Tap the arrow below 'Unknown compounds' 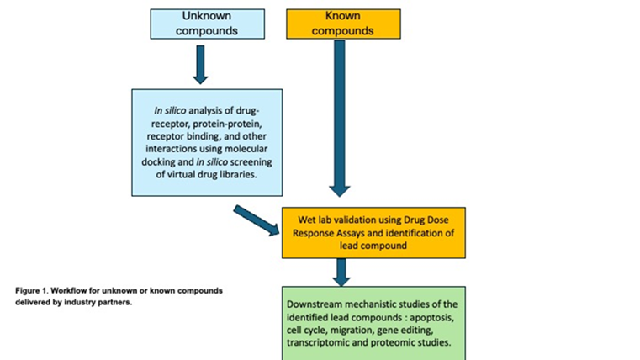(200, 64)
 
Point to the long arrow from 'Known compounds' (339, 118)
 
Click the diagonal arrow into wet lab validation (257, 220)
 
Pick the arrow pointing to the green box (340, 271)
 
